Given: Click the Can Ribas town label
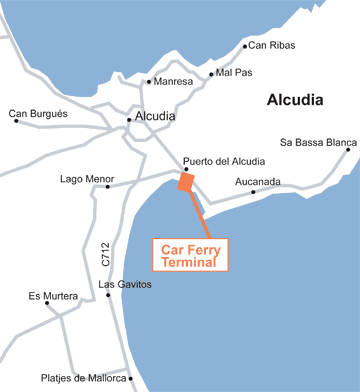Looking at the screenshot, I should (x=271, y=45).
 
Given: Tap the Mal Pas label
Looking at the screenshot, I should (x=232, y=73).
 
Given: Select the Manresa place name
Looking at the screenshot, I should (x=173, y=81).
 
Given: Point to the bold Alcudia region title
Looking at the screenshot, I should (x=299, y=100).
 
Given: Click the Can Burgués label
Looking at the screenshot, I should (x=38, y=114).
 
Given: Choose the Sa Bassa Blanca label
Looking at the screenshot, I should (x=317, y=142).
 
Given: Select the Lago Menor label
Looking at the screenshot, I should (x=87, y=179).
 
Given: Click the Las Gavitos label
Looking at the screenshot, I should (x=125, y=285).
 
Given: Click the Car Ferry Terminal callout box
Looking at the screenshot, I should (x=191, y=255).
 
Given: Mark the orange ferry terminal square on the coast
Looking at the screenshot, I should (x=186, y=182).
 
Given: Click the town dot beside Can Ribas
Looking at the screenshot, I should (x=245, y=46).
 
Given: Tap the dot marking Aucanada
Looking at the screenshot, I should (x=252, y=192).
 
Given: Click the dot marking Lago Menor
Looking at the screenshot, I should (x=107, y=186).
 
